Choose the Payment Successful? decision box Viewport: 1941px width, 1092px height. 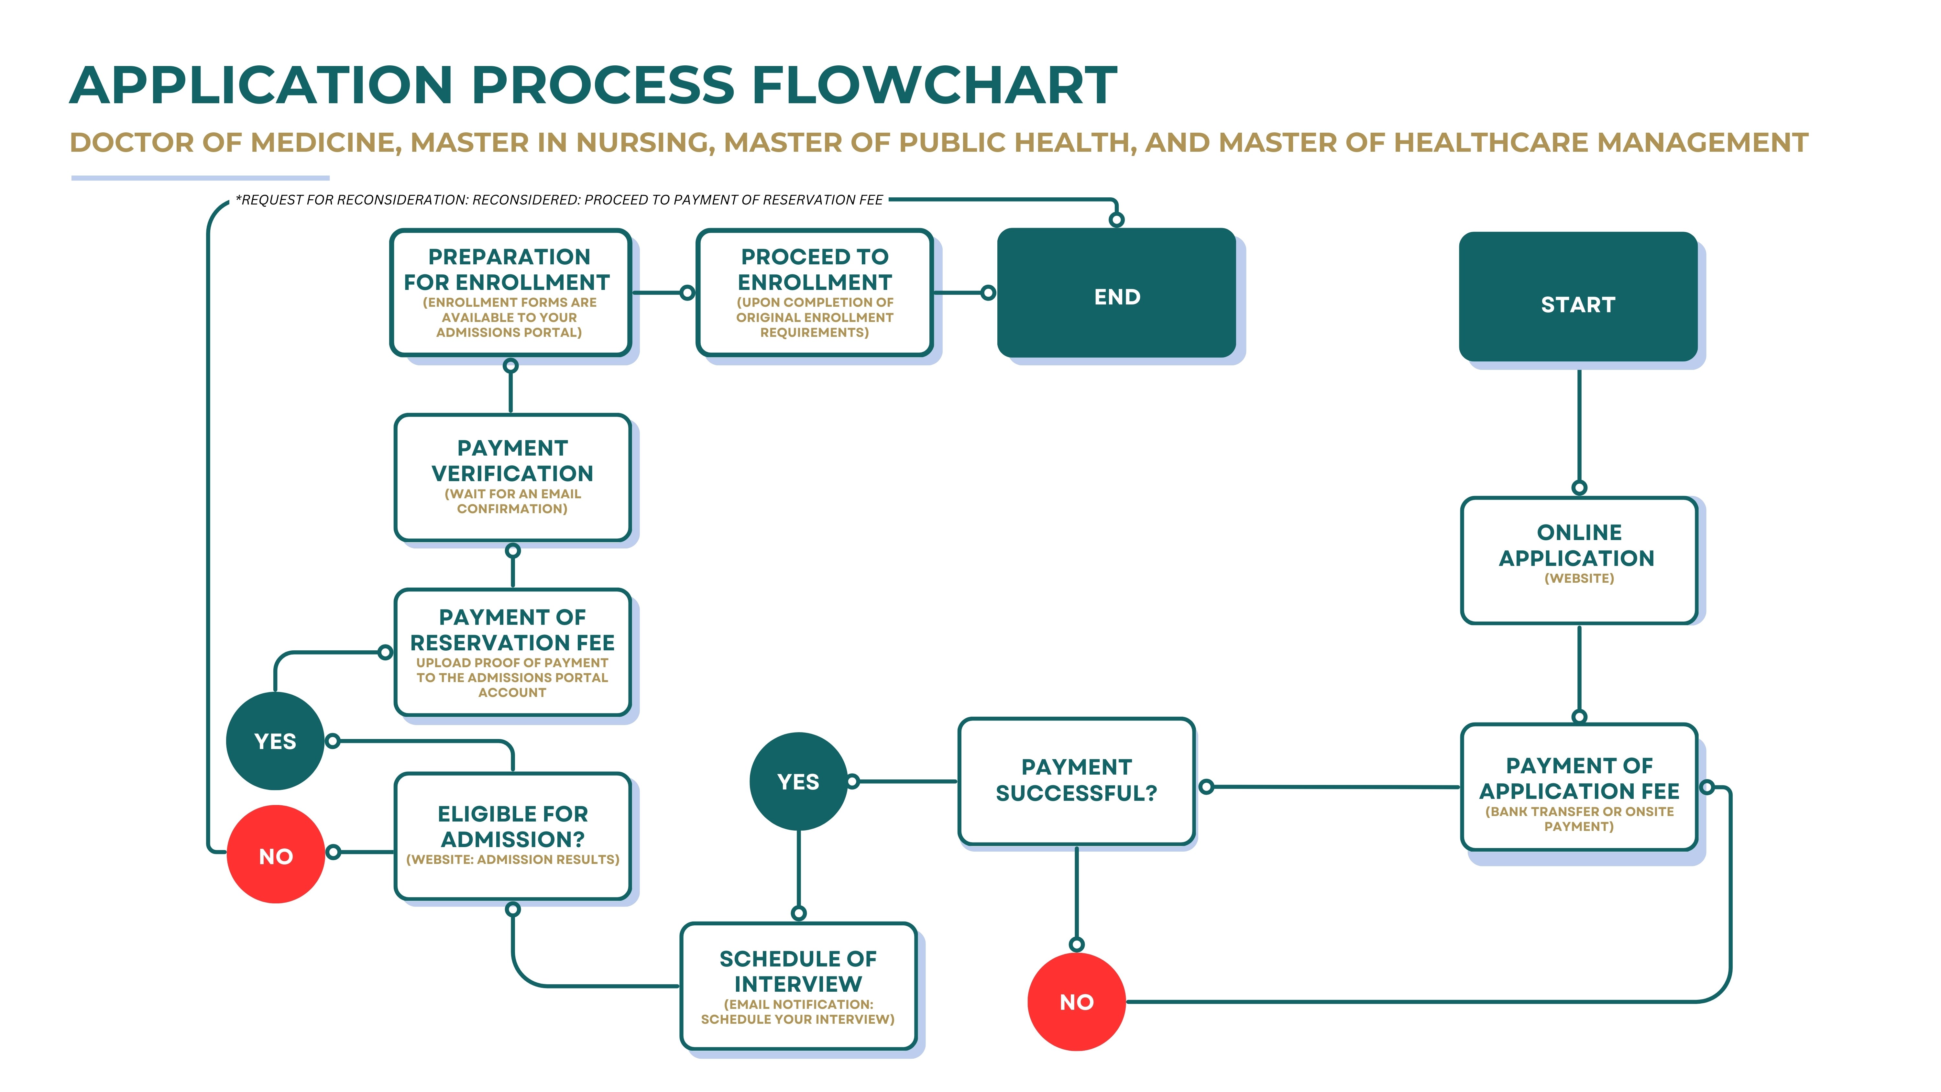click(1076, 781)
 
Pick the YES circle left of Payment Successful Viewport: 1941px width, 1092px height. click(798, 781)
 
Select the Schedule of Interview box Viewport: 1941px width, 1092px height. click(798, 986)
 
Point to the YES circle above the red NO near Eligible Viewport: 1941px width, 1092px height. click(275, 741)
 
